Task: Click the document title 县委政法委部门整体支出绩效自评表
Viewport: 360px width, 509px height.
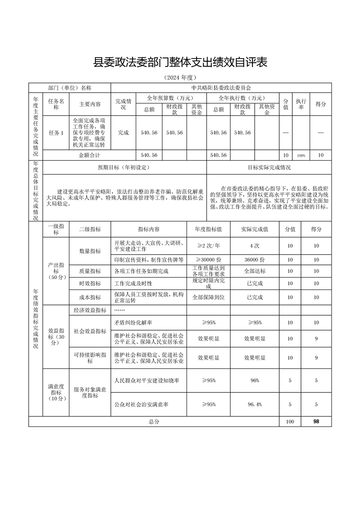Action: click(180, 62)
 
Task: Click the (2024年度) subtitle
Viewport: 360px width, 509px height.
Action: click(180, 78)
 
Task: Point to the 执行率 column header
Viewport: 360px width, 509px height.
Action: click(301, 104)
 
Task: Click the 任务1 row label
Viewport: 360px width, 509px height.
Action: click(56, 133)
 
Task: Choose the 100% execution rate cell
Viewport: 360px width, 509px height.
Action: click(301, 155)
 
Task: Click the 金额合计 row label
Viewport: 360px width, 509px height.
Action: click(89, 155)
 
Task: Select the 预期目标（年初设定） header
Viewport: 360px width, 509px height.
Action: click(123, 167)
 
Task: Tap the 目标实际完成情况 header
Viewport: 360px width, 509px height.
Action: click(269, 167)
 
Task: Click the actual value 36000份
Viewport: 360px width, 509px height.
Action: click(254, 259)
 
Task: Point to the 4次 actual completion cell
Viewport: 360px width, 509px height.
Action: click(254, 246)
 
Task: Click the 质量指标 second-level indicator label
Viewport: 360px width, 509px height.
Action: click(90, 271)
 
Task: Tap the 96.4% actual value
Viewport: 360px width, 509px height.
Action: click(254, 404)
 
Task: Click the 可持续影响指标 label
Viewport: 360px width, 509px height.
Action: click(90, 357)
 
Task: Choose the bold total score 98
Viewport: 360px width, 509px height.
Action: click(316, 421)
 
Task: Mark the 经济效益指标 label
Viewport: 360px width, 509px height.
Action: click(90, 310)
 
